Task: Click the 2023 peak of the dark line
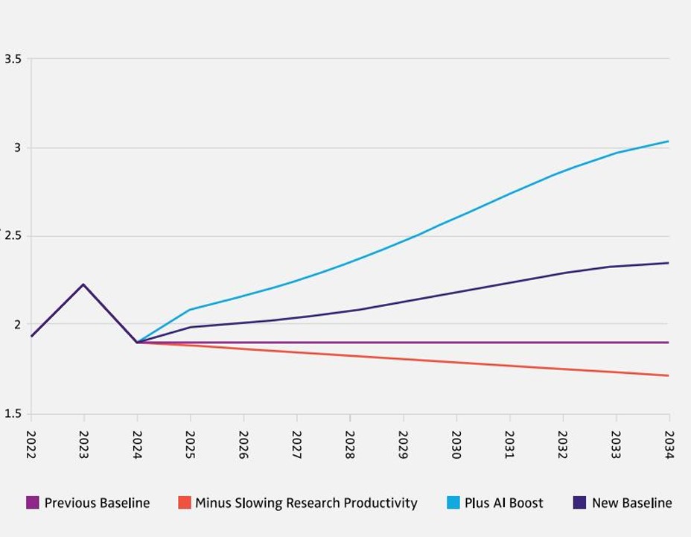point(83,285)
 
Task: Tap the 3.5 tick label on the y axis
point(13,59)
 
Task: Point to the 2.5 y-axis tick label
point(13,236)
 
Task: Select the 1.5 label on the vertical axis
point(13,413)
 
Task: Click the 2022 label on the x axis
point(31,444)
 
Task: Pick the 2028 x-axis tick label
point(350,444)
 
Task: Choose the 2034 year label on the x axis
point(669,444)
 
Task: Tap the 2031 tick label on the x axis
point(509,444)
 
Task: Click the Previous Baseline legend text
point(97,503)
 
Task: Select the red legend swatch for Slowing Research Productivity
point(185,503)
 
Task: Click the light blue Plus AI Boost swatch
point(453,503)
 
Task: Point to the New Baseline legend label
point(631,503)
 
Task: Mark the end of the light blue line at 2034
point(668,142)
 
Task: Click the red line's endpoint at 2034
point(668,375)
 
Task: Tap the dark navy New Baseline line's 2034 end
point(668,263)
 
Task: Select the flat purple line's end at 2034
point(668,343)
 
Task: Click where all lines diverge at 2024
point(138,343)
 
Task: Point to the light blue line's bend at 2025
point(191,309)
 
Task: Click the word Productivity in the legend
point(376,503)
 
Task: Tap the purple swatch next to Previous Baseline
point(32,503)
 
